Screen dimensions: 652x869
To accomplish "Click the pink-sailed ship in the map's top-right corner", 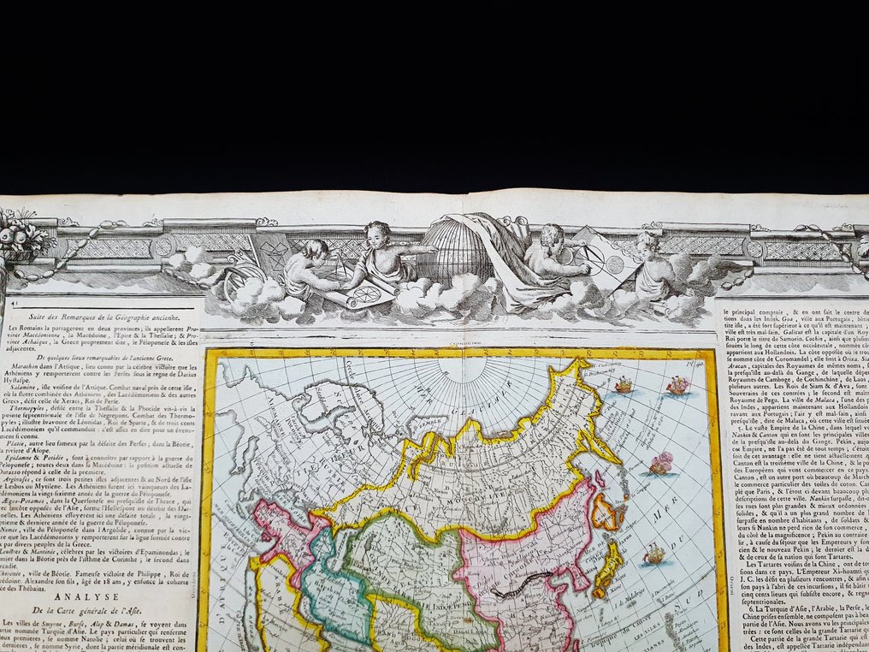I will (677, 385).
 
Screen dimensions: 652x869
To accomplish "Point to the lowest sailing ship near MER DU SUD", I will (654, 554).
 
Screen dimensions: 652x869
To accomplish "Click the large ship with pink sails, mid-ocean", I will (659, 463).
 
